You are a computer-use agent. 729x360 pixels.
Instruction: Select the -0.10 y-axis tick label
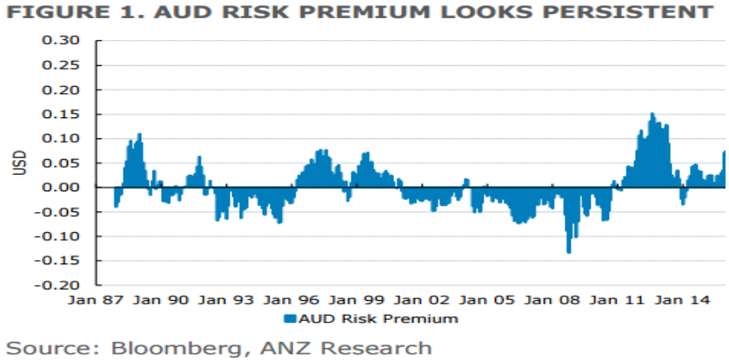64,236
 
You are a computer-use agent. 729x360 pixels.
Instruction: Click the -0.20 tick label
64,284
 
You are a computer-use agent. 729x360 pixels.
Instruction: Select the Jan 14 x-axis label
681,300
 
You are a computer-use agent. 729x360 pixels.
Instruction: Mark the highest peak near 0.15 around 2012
652,114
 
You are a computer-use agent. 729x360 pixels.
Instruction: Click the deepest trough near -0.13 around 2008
569,251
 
